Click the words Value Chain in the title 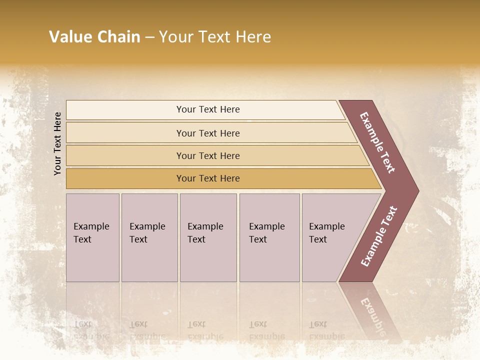tap(94, 37)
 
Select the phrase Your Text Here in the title tap(215, 37)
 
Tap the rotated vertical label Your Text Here tap(57, 143)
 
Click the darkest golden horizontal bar tap(125, 178)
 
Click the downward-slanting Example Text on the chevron tap(377, 143)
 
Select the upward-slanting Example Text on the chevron tap(379, 236)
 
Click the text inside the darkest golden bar tap(208, 178)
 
